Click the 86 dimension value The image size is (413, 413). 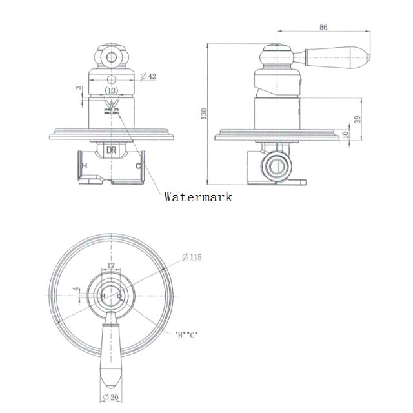(x=323, y=26)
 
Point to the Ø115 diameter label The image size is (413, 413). (x=192, y=257)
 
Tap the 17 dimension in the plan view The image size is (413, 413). (x=111, y=265)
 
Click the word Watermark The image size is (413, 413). (x=197, y=196)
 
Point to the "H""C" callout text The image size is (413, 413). (x=185, y=334)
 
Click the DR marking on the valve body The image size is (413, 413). (x=111, y=150)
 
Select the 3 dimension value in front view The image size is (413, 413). (x=77, y=88)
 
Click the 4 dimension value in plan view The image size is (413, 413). (x=75, y=290)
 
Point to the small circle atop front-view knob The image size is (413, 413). (x=111, y=57)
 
